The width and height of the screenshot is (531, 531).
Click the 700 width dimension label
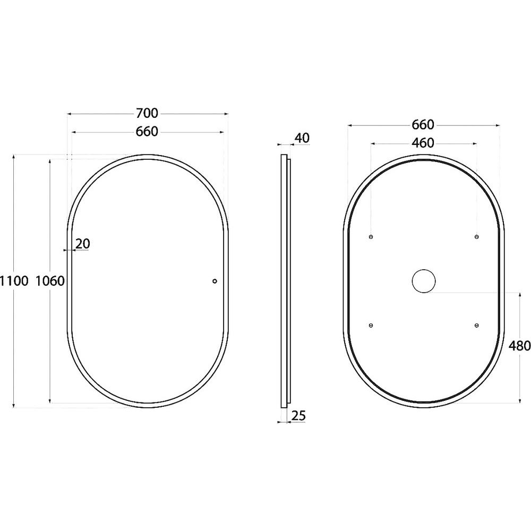pos(147,113)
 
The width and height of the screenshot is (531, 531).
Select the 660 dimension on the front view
pos(147,131)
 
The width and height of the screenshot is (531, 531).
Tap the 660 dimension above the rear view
pos(423,125)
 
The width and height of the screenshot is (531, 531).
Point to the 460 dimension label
pos(423,143)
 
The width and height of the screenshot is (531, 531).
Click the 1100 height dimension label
pos(14,281)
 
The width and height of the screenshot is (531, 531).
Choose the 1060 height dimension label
pos(50,281)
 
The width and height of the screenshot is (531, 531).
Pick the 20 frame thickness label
pos(83,244)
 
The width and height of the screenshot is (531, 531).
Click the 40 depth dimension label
pos(302,138)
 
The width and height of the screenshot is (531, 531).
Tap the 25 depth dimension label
pos(298,416)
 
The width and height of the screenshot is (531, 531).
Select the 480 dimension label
pos(519,346)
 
